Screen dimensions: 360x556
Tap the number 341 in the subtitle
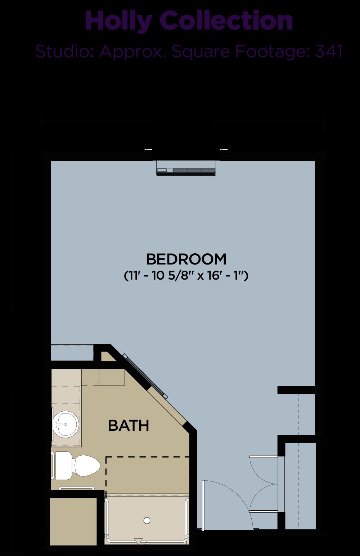(329, 51)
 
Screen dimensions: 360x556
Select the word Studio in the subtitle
(64, 51)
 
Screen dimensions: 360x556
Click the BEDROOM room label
(186, 259)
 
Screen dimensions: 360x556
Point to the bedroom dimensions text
(186, 276)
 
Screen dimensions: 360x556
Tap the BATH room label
(129, 425)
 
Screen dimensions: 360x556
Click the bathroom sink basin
(66, 424)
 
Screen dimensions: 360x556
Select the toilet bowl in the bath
(87, 466)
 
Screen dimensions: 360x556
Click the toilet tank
(64, 465)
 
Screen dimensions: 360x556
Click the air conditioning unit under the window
(186, 168)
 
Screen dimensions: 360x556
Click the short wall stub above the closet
(296, 390)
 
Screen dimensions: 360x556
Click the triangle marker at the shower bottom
(138, 541)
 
